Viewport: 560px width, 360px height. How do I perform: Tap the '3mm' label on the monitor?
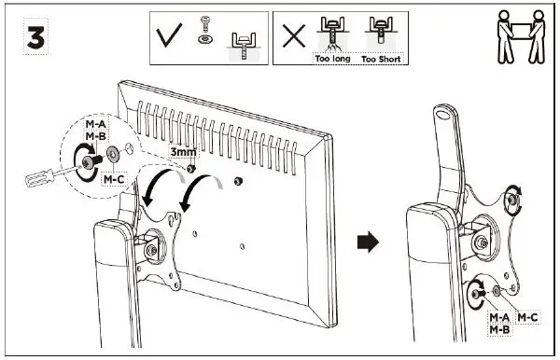tap(182, 148)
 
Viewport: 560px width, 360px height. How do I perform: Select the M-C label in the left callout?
tap(114, 177)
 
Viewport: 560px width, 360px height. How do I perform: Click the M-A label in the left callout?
tap(95, 124)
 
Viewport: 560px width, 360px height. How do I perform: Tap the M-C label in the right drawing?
tap(527, 318)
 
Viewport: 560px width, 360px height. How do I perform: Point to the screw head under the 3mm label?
tap(190, 169)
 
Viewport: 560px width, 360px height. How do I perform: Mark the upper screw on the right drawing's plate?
tap(512, 198)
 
